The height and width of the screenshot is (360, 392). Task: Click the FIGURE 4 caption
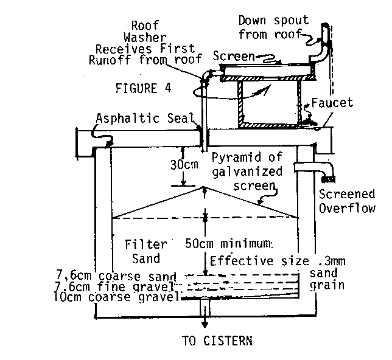click(x=142, y=86)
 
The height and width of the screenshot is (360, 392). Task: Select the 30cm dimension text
click(x=183, y=164)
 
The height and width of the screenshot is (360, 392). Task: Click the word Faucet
click(x=332, y=103)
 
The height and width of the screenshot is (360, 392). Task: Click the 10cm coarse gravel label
click(x=138, y=297)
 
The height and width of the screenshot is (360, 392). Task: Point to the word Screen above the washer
click(x=234, y=56)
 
